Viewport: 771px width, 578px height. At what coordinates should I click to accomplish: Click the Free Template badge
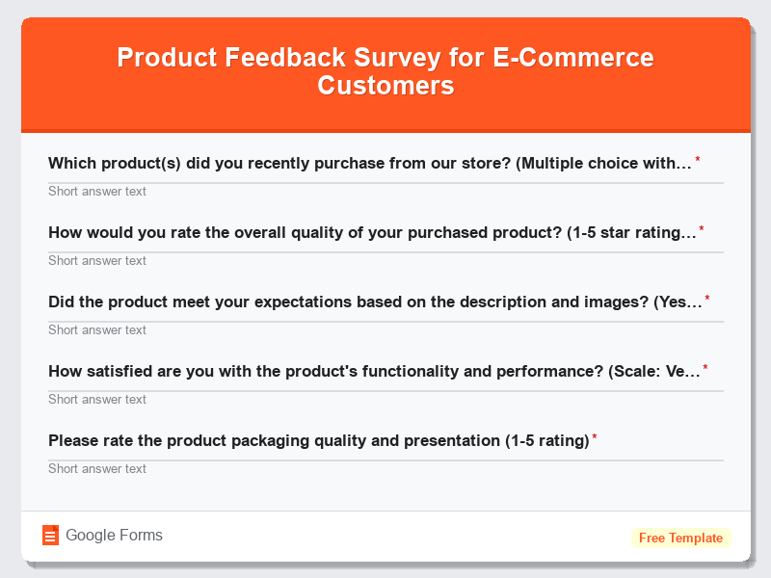coord(680,538)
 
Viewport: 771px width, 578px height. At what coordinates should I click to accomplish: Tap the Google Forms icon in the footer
coord(51,536)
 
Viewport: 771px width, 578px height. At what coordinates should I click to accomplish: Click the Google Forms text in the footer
coord(114,536)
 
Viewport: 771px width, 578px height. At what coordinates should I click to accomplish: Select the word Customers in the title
coord(385,86)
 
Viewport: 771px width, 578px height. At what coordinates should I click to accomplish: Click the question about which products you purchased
coord(370,164)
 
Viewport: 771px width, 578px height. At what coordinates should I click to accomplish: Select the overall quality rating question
coord(372,233)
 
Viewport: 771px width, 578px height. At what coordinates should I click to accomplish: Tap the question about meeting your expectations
coord(375,302)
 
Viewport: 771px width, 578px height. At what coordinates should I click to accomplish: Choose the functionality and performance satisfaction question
coord(374,372)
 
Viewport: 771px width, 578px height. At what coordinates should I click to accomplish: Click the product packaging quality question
coord(318,441)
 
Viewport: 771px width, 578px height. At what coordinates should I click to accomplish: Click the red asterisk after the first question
coord(698,161)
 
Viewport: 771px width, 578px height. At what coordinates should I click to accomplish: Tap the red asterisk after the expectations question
coord(707,300)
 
